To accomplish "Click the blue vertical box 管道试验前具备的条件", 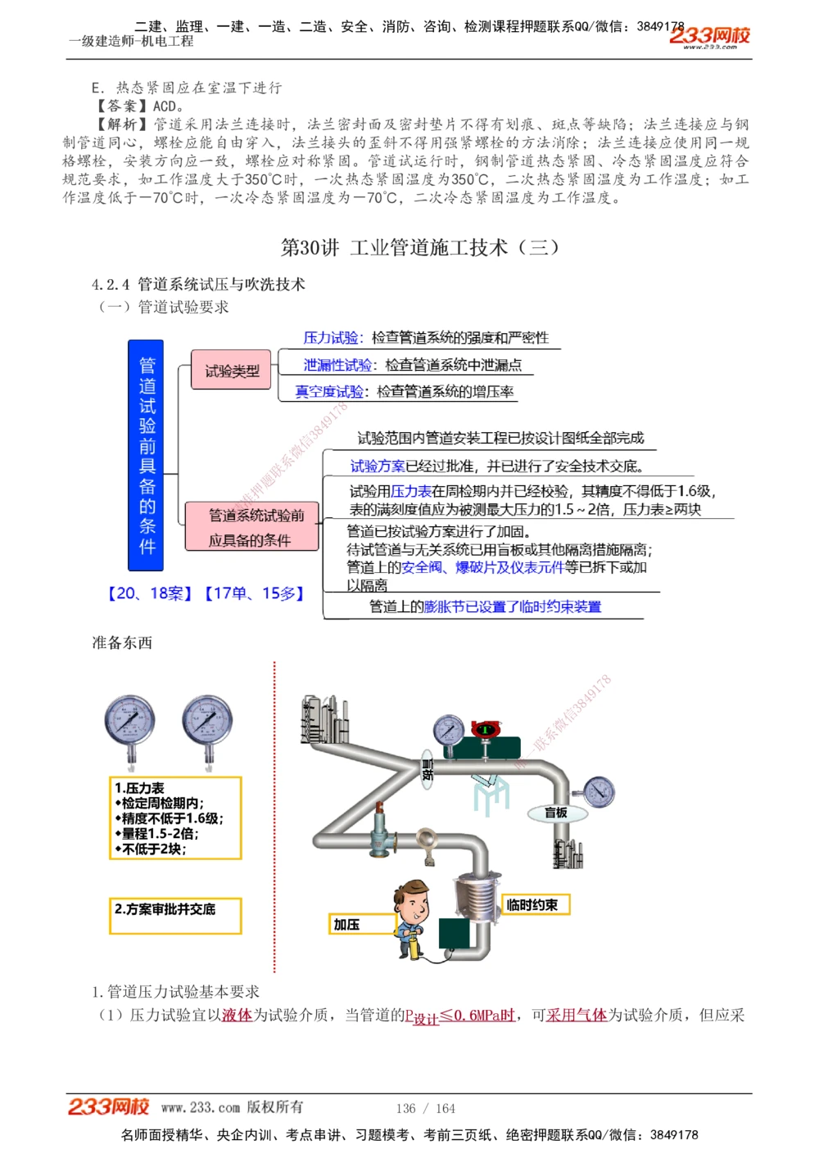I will click(x=146, y=455).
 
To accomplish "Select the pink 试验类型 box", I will click(x=231, y=370).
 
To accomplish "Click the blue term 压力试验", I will click(x=330, y=337).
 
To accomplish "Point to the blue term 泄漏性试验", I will click(x=337, y=364).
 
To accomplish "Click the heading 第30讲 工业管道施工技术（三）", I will click(x=419, y=247).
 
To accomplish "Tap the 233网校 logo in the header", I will click(x=709, y=35).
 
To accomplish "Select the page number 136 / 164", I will click(x=425, y=1108).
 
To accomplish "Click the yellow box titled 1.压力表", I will click(x=176, y=818).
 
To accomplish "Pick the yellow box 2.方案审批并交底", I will click(x=176, y=916).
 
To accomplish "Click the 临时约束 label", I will click(x=533, y=904).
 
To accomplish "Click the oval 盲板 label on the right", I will click(x=557, y=813).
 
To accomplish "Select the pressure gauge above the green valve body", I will click(x=448, y=728).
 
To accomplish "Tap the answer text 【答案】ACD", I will click(x=139, y=106).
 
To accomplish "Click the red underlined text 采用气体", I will click(x=576, y=1015).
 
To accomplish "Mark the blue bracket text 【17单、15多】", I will click(x=255, y=593).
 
